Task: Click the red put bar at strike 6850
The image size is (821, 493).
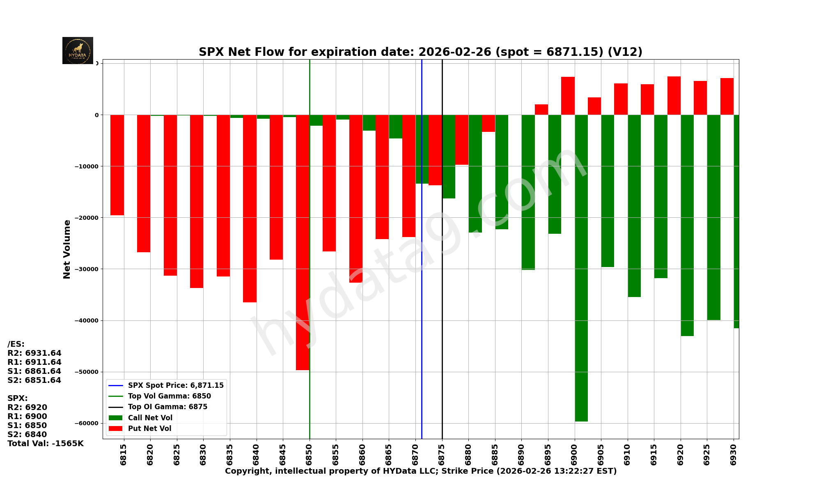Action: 303,242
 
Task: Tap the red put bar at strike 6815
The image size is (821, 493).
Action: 117,165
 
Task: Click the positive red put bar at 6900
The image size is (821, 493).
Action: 568,96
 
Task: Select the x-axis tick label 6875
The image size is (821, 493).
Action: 442,454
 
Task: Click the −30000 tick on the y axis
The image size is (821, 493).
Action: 87,269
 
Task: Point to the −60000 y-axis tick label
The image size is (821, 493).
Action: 87,423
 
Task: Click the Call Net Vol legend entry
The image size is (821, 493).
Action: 150,418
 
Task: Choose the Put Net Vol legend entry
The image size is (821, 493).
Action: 149,428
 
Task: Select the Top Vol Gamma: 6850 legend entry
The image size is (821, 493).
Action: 169,396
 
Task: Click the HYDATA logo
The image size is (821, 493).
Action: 78,51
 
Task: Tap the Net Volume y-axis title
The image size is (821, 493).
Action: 67,249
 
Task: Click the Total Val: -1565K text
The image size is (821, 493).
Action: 45,444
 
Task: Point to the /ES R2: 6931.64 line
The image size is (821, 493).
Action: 34,353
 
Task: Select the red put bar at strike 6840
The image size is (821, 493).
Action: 250,208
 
